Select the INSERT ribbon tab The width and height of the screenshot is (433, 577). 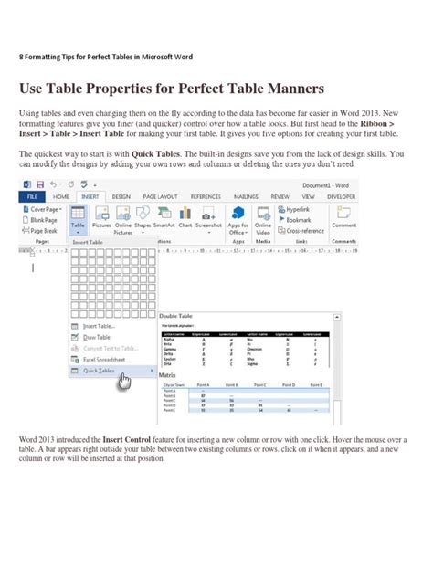pos(90,195)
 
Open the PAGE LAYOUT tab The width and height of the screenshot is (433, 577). pos(156,195)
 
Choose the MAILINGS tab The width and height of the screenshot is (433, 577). pos(245,195)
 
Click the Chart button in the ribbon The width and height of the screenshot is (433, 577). pos(186,225)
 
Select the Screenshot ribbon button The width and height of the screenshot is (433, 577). pos(209,225)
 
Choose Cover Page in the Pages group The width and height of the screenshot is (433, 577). pos(45,209)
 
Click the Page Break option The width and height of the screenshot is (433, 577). pos(45,230)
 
